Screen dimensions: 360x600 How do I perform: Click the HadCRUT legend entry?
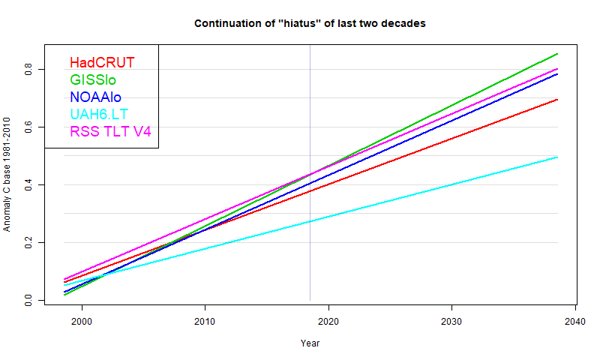point(102,62)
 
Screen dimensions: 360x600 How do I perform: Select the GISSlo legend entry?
point(93,79)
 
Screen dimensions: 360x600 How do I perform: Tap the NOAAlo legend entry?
point(95,97)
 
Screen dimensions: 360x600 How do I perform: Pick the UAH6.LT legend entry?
point(100,114)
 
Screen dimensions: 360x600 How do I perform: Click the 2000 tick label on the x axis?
point(82,321)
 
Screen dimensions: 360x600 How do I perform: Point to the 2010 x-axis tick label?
point(205,321)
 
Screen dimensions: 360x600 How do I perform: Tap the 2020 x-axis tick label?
point(328,321)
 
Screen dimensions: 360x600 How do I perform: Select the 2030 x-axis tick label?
point(451,321)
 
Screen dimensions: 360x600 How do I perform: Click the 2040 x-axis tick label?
point(574,321)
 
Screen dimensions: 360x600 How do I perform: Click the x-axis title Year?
point(310,343)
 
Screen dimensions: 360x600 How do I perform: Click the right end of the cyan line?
point(557,157)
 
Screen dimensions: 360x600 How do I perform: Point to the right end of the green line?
point(557,54)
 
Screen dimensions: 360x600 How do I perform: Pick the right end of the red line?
point(557,99)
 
